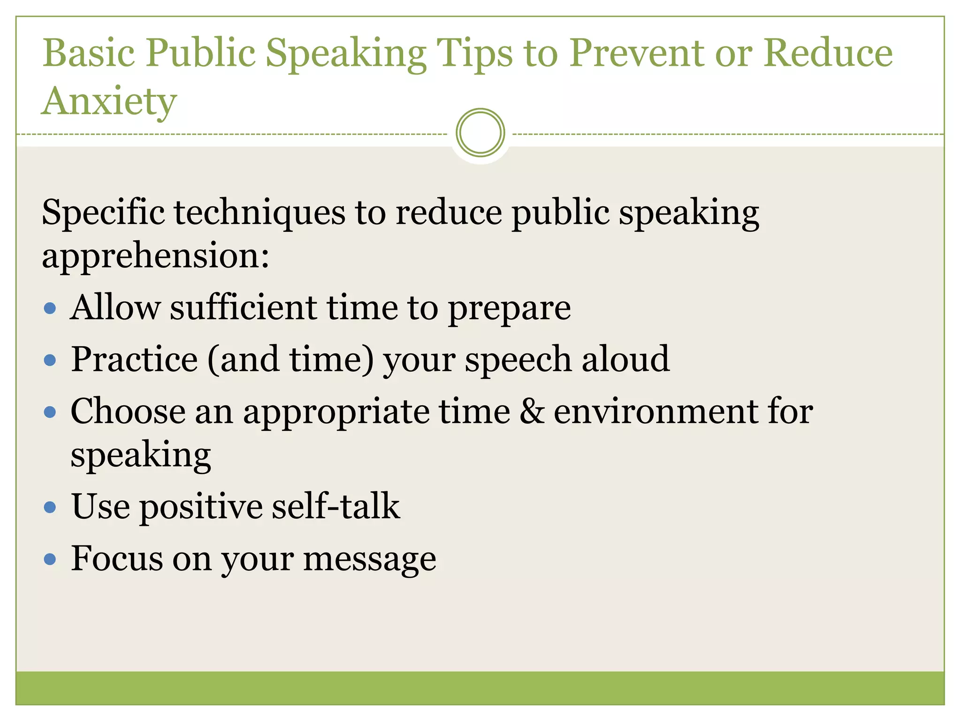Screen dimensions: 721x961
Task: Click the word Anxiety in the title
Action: click(x=109, y=101)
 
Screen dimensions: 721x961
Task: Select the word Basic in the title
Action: click(x=89, y=53)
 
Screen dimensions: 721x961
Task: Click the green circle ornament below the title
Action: click(x=480, y=133)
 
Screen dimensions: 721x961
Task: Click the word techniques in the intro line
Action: click(x=259, y=213)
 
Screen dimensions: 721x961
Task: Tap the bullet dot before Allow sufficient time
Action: click(x=50, y=308)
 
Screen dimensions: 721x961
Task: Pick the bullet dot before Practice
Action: click(x=50, y=360)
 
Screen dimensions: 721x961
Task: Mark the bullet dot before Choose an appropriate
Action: click(x=50, y=412)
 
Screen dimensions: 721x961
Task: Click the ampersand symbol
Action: click(x=532, y=412)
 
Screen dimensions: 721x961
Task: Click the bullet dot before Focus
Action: click(x=50, y=559)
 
